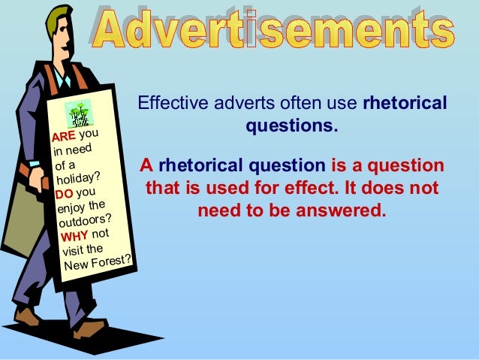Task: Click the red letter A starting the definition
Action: pyautogui.click(x=146, y=165)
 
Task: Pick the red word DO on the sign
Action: pyautogui.click(x=65, y=193)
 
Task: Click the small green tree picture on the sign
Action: pyautogui.click(x=77, y=113)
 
